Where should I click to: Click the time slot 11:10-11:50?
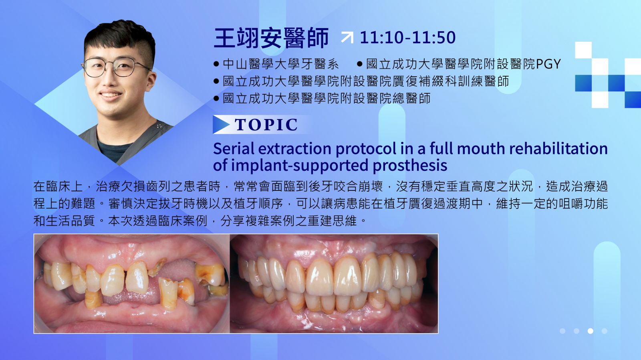click(x=407, y=38)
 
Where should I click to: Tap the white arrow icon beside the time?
click(x=347, y=38)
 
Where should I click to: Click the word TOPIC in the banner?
click(x=266, y=125)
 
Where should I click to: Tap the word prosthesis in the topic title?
click(x=410, y=166)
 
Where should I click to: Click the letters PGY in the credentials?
click(x=548, y=64)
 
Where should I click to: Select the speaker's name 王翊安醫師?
click(x=271, y=38)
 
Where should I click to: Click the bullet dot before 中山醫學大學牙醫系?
click(x=216, y=64)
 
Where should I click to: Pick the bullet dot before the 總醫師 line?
click(x=216, y=99)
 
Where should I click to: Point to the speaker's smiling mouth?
click(x=111, y=95)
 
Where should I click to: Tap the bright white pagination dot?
click(x=591, y=331)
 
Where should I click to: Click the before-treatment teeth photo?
click(x=132, y=283)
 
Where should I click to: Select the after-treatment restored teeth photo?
click(x=334, y=283)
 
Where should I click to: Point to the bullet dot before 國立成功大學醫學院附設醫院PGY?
click(x=360, y=64)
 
